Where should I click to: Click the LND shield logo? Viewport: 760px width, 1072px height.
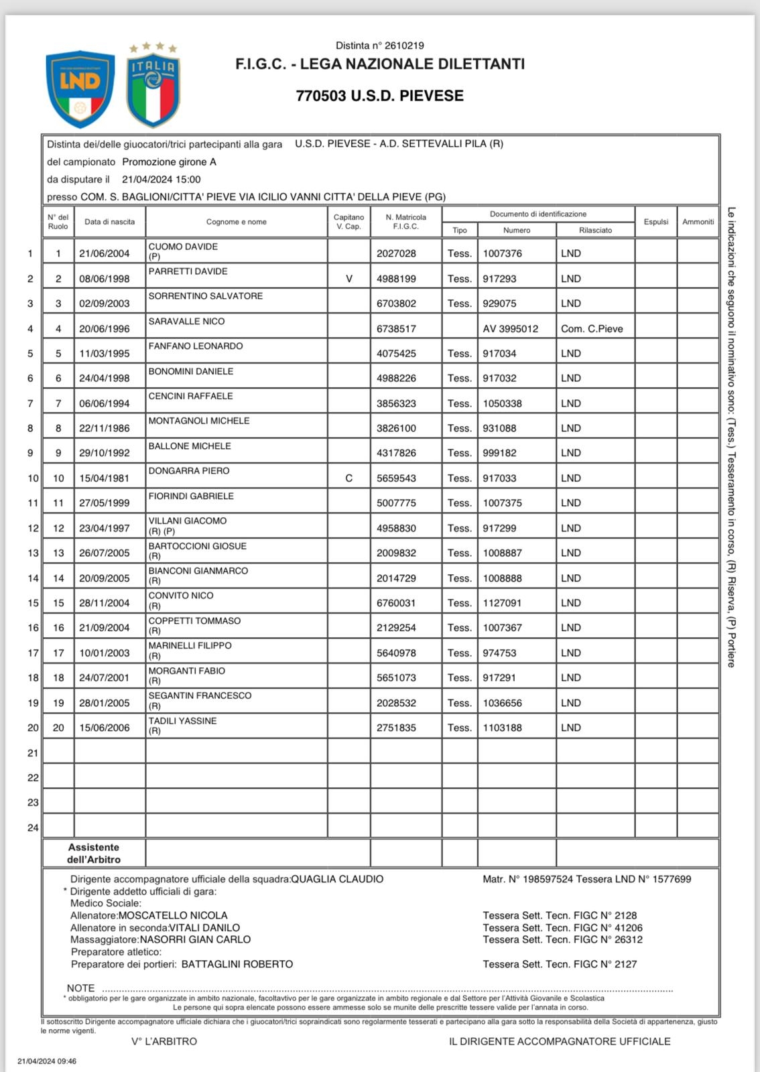(x=80, y=89)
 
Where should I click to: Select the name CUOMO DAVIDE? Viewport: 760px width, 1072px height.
(x=183, y=247)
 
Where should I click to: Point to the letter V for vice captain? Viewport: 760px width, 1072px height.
(x=349, y=279)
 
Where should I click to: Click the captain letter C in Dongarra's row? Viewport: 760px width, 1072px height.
(x=349, y=478)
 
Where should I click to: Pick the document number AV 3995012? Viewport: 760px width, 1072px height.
(x=510, y=329)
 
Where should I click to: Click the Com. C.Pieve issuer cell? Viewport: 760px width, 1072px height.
(x=592, y=329)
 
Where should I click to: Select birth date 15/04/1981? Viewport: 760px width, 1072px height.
(x=105, y=478)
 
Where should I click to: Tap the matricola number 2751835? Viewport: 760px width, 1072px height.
(x=396, y=728)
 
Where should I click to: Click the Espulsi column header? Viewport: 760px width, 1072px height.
(x=655, y=222)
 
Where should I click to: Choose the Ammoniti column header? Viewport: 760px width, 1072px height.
(x=698, y=222)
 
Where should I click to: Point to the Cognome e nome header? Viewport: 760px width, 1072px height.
(x=236, y=222)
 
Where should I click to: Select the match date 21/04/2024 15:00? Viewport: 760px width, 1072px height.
(x=161, y=180)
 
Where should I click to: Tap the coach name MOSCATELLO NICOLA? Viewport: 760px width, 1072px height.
(x=173, y=915)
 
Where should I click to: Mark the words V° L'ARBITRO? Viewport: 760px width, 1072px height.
(x=164, y=1041)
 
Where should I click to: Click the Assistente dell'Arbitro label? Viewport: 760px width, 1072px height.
(x=94, y=853)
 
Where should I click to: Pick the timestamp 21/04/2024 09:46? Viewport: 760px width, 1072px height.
(x=47, y=1061)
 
